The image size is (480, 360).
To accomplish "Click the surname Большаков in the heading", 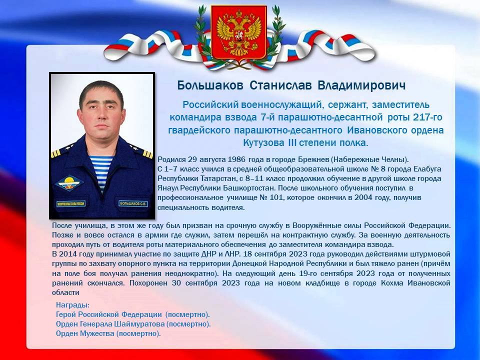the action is point(210,85).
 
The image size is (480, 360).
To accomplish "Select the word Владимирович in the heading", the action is point(362,85).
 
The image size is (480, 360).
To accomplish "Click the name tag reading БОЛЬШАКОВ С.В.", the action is point(133,203).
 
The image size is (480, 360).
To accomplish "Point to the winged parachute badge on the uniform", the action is point(69,183).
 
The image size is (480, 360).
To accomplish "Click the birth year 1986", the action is point(236,159).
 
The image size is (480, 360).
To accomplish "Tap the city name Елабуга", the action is point(427,169).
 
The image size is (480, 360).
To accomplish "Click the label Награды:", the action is point(72,305).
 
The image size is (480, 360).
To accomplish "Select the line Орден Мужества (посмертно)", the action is point(108,333).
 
